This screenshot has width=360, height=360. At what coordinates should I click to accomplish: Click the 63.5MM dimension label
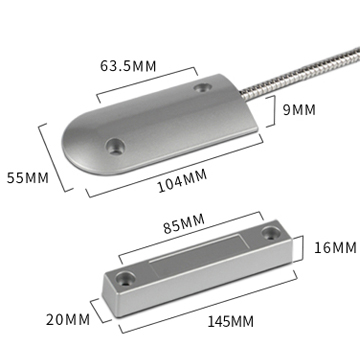click(x=128, y=66)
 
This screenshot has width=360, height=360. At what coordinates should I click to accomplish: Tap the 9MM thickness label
click(x=299, y=110)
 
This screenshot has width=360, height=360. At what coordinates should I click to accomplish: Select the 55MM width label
click(x=28, y=178)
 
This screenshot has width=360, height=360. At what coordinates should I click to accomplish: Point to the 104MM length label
click(x=182, y=181)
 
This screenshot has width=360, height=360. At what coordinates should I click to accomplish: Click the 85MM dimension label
click(x=184, y=224)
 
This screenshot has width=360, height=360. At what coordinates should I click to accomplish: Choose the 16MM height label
click(x=335, y=248)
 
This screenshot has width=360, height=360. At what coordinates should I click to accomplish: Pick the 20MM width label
click(x=68, y=319)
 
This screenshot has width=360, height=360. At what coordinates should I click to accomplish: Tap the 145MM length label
click(x=231, y=322)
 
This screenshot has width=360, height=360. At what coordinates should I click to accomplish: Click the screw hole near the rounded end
click(x=115, y=147)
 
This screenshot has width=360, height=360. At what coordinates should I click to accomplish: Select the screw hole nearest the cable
click(x=203, y=88)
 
